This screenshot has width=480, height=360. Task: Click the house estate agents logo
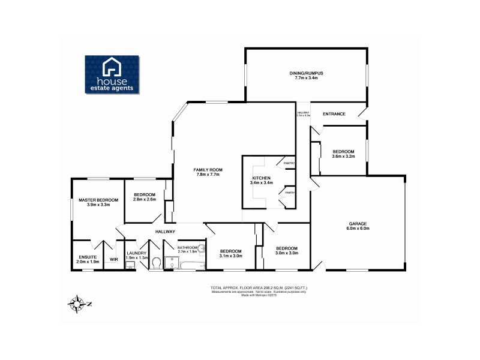(x=113, y=75)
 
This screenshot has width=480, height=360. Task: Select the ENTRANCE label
(x=334, y=113)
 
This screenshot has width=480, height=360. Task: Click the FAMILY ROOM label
(x=207, y=170)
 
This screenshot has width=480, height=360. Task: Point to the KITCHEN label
(x=261, y=178)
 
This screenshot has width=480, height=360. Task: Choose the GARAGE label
(x=358, y=224)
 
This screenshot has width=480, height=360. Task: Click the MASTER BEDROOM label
(x=98, y=200)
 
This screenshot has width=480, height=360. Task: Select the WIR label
(x=113, y=260)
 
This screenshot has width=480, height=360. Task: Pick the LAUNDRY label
(x=137, y=254)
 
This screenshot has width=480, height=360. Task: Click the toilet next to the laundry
(x=155, y=263)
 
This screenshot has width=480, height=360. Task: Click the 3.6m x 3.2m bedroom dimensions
(x=344, y=156)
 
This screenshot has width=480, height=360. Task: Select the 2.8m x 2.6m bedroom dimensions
(x=145, y=199)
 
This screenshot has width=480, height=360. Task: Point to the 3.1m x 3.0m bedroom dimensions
(x=230, y=256)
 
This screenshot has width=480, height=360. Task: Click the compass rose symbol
(x=77, y=303)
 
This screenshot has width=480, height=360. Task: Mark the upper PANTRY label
(x=289, y=163)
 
